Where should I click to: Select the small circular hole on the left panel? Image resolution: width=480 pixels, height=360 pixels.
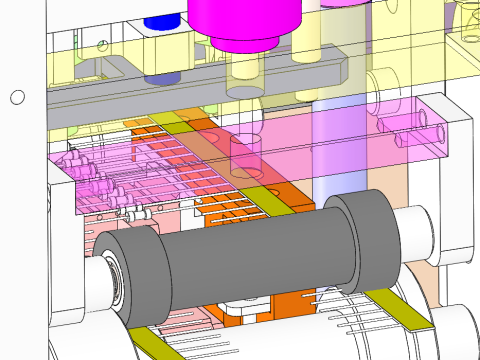(x=16, y=97)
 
